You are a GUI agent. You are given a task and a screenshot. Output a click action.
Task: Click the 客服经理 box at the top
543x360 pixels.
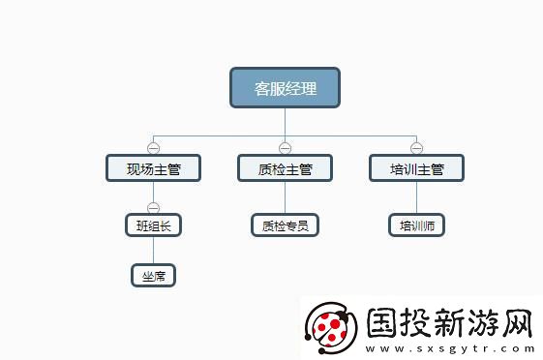pyautogui.click(x=285, y=88)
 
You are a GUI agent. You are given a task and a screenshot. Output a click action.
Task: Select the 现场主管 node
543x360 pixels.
pyautogui.click(x=153, y=168)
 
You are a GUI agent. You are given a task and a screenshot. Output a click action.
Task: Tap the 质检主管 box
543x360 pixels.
pyautogui.click(x=285, y=168)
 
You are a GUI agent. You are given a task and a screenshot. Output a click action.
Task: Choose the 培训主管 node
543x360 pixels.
pyautogui.click(x=416, y=168)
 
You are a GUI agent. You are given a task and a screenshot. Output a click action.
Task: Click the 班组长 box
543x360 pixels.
pyautogui.click(x=153, y=225)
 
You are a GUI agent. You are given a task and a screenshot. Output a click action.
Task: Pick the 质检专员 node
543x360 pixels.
pyautogui.click(x=285, y=225)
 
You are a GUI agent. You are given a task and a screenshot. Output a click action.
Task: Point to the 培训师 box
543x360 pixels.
pyautogui.click(x=416, y=225)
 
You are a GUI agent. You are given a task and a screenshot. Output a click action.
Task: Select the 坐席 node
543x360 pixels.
pyautogui.click(x=153, y=276)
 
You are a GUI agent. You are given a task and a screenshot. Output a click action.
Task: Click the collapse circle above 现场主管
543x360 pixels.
pyautogui.click(x=153, y=148)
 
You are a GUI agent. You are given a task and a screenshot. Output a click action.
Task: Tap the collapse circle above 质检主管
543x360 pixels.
pyautogui.click(x=285, y=148)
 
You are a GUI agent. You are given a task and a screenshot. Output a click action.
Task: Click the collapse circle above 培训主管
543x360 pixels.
pyautogui.click(x=416, y=148)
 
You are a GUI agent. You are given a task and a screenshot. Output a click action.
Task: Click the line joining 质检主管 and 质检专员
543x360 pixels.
pyautogui.click(x=285, y=197)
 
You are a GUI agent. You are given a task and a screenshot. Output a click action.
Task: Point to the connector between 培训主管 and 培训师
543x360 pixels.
pyautogui.click(x=416, y=197)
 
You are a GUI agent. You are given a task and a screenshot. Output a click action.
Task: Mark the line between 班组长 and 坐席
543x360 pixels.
pyautogui.click(x=153, y=251)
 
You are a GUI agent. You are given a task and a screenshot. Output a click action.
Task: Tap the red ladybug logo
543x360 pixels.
pyautogui.click(x=330, y=325)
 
